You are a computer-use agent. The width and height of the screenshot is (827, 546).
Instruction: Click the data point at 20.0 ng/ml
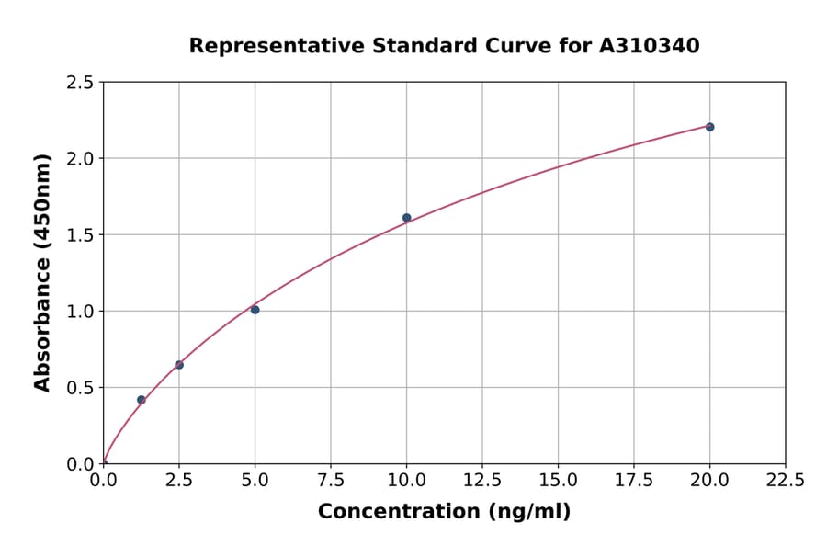(x=709, y=127)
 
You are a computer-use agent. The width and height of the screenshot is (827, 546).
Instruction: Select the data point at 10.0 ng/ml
(x=406, y=218)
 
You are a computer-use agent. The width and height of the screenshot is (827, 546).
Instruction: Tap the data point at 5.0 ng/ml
(x=255, y=310)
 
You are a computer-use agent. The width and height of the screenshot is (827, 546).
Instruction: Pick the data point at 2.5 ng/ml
(x=179, y=365)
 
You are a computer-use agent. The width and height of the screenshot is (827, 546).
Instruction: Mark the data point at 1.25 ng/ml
(x=142, y=400)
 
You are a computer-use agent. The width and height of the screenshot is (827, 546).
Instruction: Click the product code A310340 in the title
(x=650, y=46)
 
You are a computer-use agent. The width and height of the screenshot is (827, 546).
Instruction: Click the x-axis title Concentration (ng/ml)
(x=444, y=512)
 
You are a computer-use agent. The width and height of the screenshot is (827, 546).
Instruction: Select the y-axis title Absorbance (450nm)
(x=42, y=272)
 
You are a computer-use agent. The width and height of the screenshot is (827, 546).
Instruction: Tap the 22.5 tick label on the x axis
(x=785, y=481)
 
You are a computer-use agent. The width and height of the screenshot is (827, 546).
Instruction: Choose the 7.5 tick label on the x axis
(x=331, y=481)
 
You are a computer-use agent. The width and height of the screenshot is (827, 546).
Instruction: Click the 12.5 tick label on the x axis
(x=481, y=481)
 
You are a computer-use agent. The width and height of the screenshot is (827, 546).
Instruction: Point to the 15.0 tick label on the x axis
(x=558, y=481)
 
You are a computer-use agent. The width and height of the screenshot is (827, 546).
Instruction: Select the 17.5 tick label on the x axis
(x=633, y=481)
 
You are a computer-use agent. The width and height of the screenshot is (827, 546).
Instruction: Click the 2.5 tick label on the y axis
(x=80, y=83)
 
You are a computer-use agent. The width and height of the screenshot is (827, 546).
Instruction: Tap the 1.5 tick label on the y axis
(x=80, y=235)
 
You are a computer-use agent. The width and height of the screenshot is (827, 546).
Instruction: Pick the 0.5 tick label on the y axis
(x=80, y=388)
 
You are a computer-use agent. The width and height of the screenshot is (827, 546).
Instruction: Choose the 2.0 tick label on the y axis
(x=80, y=159)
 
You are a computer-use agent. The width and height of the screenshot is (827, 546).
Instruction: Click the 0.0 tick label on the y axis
(x=80, y=464)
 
